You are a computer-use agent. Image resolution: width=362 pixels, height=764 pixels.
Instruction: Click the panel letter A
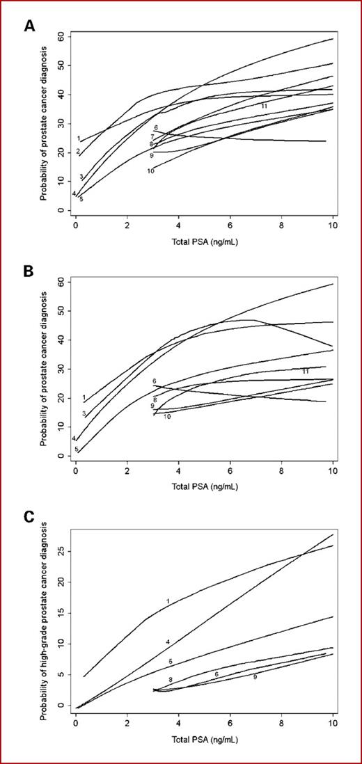tap(30, 26)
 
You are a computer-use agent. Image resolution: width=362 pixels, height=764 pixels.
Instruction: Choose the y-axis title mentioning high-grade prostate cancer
tap(44, 616)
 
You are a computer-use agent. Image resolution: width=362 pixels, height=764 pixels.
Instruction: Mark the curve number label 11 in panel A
tap(265, 105)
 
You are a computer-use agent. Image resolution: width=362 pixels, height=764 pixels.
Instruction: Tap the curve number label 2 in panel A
tap(79, 152)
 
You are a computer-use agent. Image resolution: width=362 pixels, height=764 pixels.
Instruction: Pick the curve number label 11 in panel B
tap(305, 372)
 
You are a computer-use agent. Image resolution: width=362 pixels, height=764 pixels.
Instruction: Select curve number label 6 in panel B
tap(155, 382)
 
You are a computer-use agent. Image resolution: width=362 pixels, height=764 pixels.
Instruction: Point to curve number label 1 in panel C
tap(168, 600)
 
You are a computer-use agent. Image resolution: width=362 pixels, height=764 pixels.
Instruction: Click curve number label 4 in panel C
tap(168, 642)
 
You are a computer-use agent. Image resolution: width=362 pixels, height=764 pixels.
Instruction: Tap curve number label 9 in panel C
tap(255, 676)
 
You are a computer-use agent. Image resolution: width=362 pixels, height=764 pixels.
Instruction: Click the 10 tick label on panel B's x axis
tap(332, 470)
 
